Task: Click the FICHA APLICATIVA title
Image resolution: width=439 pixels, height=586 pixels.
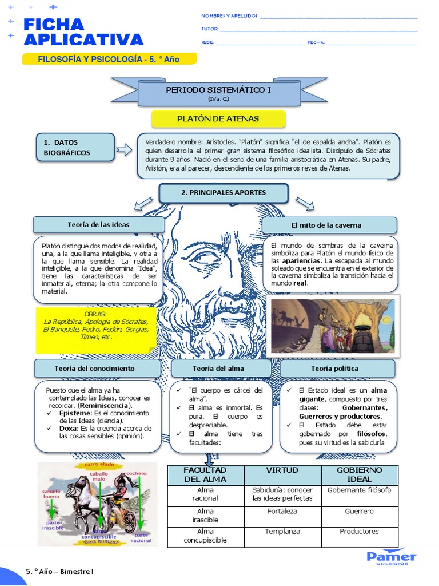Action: click(x=83, y=31)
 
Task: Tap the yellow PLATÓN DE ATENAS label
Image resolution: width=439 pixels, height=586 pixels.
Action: click(x=218, y=119)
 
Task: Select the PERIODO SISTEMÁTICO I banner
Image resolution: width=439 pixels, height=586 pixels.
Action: click(x=218, y=92)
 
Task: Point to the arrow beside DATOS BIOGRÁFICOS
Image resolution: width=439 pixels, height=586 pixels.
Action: click(x=124, y=150)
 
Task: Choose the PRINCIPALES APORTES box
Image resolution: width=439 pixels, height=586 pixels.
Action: click(x=224, y=193)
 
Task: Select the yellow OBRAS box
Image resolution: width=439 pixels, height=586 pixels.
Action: click(x=95, y=330)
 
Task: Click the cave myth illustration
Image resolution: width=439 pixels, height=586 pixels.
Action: click(x=333, y=324)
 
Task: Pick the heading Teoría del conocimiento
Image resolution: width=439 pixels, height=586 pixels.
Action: click(x=95, y=368)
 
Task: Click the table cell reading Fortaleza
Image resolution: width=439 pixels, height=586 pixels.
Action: click(x=282, y=511)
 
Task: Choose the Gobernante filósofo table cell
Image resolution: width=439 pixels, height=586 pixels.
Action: click(x=359, y=490)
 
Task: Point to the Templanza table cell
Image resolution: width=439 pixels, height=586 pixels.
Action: click(x=282, y=532)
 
